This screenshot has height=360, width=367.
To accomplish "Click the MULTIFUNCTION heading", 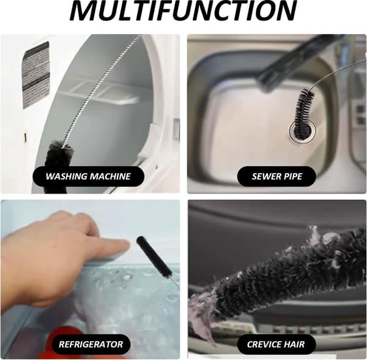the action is pos(183,10).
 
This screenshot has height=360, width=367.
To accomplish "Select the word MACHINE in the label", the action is pos(110,177).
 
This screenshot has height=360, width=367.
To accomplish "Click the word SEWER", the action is pos(265,177).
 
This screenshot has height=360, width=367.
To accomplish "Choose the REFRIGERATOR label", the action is pos(91,344).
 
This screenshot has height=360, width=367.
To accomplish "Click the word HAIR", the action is pos(295,344).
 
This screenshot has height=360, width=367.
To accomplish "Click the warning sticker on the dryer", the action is pos(36,75).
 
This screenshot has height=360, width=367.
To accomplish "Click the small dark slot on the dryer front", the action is pos(25,138).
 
